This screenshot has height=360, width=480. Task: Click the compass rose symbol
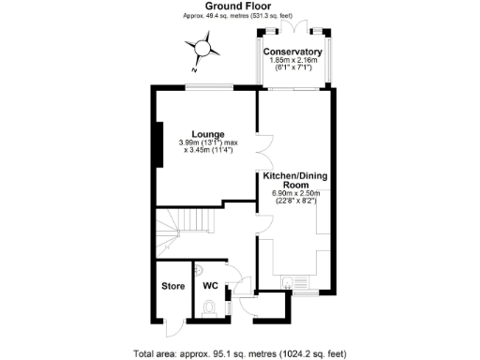click(x=203, y=47)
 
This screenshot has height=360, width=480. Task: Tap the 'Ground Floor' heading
click(x=239, y=6)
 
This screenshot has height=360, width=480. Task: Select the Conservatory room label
click(x=292, y=51)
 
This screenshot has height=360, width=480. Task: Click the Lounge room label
click(x=208, y=133)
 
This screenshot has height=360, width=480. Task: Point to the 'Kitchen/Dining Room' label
click(x=294, y=180)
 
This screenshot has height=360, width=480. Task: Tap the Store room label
click(x=172, y=286)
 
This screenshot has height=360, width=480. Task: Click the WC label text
click(x=209, y=286)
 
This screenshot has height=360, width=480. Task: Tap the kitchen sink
click(x=292, y=280)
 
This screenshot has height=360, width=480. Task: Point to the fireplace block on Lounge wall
click(x=160, y=144)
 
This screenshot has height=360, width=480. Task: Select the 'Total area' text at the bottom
click(x=239, y=353)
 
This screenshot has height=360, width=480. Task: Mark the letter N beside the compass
click(x=193, y=70)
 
